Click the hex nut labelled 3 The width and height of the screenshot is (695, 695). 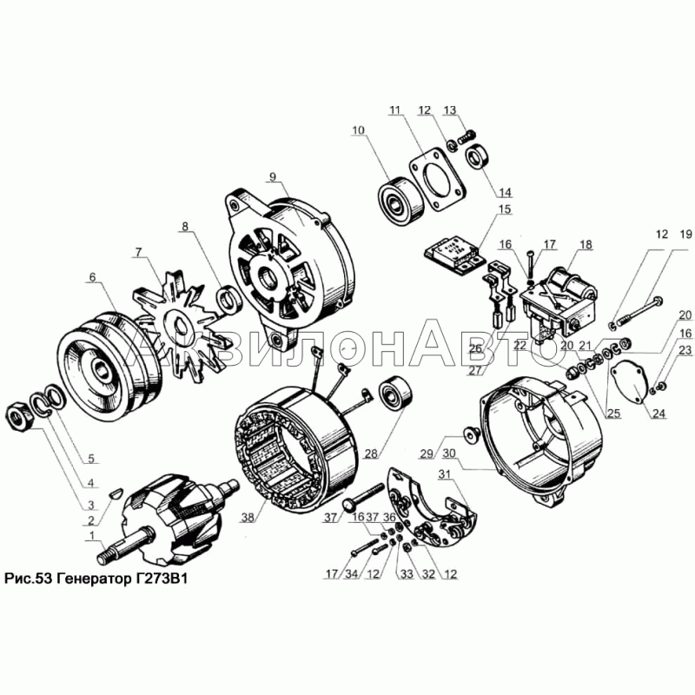pyautogui.click(x=19, y=417)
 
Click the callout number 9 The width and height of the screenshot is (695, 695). pyautogui.click(x=272, y=177)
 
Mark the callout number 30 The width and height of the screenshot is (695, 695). pyautogui.click(x=448, y=453)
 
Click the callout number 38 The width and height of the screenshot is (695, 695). pyautogui.click(x=248, y=517)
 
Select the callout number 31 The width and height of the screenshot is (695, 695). pyautogui.click(x=444, y=473)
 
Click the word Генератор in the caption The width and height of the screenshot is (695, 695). pyautogui.click(x=93, y=578)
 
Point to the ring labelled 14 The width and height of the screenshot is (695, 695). pyautogui.click(x=477, y=156)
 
